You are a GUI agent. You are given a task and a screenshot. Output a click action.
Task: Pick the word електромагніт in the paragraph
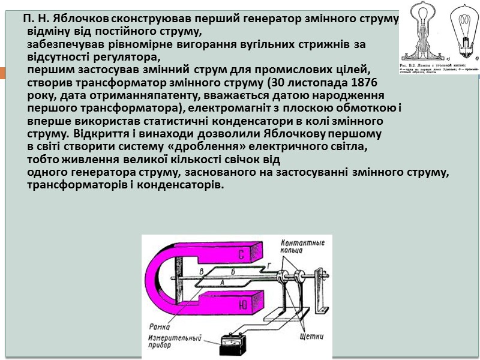(221, 108)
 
